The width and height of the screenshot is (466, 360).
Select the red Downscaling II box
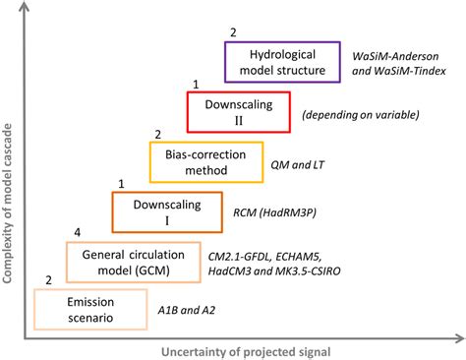[239, 111]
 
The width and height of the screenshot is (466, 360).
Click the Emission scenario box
[89, 309]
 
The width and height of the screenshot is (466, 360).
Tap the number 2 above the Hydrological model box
[233, 33]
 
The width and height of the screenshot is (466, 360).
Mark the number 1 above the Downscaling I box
[121, 183]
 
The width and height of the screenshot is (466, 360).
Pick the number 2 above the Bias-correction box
[158, 134]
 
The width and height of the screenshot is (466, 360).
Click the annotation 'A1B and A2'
[187, 310]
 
